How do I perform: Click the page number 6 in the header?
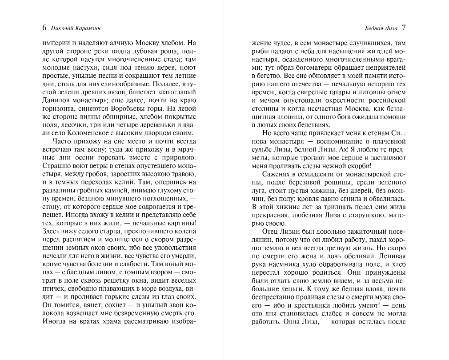tap(44, 28)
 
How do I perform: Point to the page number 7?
tap(403, 28)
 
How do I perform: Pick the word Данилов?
tap(56, 100)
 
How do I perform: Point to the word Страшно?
tap(56, 166)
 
